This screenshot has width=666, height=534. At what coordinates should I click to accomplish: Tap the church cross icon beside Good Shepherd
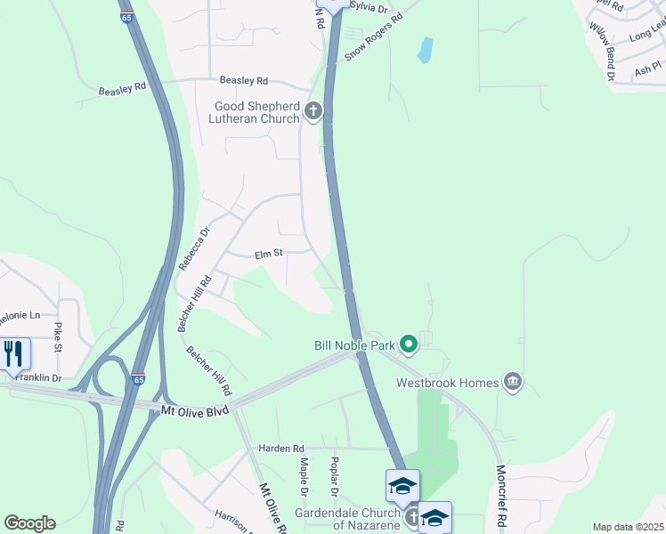point(313,111)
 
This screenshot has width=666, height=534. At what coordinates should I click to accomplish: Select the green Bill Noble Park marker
point(409,343)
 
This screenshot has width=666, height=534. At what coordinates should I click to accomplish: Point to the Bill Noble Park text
point(354,344)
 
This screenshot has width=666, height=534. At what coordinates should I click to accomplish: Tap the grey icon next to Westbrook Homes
point(513,382)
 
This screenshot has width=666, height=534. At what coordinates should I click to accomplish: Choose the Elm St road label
point(268,254)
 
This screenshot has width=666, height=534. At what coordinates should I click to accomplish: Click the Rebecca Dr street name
point(193,248)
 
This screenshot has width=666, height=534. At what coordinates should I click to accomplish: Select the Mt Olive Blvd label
point(194,410)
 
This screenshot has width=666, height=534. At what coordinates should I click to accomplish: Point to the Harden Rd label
point(281,448)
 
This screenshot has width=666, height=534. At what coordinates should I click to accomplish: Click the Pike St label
point(57,337)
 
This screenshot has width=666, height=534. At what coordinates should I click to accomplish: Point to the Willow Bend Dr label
point(601,53)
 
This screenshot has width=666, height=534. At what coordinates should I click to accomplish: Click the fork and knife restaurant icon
point(13,353)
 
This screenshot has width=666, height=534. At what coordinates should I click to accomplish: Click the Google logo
point(29,523)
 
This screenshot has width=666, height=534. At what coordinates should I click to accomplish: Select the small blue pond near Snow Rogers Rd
point(425,50)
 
